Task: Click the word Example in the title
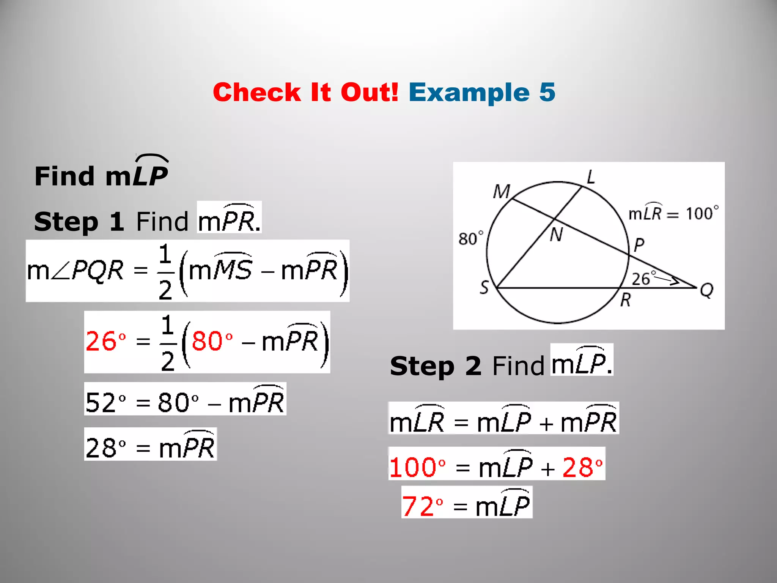click(x=469, y=93)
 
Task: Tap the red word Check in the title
click(x=257, y=93)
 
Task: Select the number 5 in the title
click(x=547, y=93)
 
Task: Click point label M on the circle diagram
click(x=501, y=192)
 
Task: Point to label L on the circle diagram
click(x=591, y=177)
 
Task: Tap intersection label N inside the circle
click(x=556, y=235)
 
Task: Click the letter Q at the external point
click(x=706, y=291)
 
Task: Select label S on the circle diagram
click(x=484, y=287)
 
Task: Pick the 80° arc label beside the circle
click(x=471, y=238)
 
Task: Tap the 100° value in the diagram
click(x=702, y=213)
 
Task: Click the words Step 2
click(x=436, y=366)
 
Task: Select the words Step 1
click(x=79, y=222)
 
